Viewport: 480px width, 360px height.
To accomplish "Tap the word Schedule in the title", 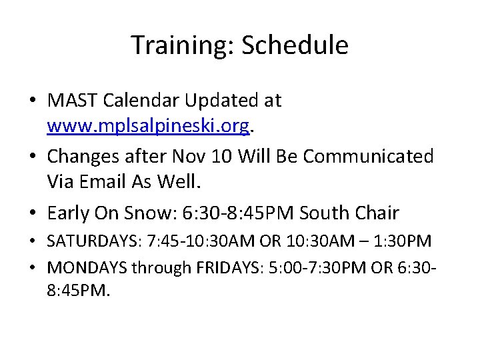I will [295, 45].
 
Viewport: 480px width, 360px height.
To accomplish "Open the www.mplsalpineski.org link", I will [149, 126].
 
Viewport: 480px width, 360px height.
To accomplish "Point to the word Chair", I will [377, 213].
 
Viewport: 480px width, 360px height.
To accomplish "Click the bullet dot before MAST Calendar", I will [33, 101].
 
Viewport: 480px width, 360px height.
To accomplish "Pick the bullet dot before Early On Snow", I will [33, 213].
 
